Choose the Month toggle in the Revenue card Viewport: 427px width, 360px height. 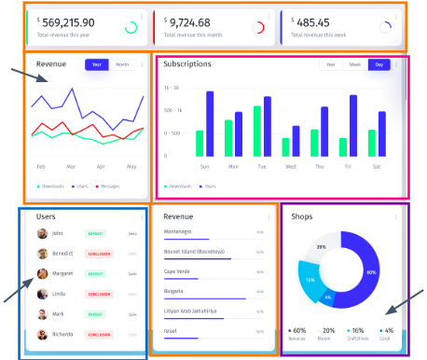click(122, 64)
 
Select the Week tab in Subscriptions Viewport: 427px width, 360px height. click(354, 64)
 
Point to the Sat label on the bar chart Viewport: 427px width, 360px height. click(376, 167)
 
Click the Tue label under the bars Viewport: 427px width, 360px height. click(262, 167)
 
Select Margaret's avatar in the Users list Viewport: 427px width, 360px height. click(42, 274)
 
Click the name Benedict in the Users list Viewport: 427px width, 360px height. click(63, 253)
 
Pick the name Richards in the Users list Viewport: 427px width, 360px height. click(63, 333)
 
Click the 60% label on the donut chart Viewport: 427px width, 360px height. click(371, 272)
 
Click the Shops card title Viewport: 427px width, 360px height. click(303, 216)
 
